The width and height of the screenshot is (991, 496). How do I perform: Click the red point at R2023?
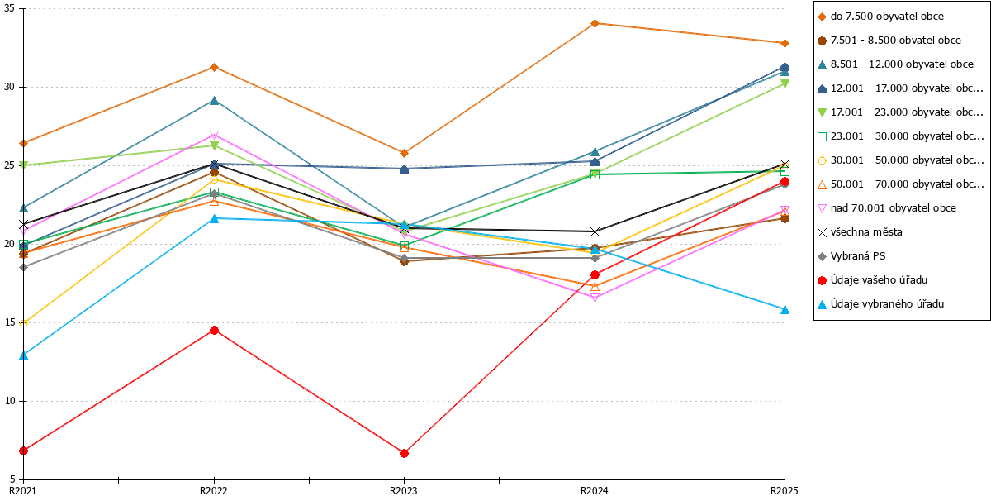pyautogui.click(x=404, y=454)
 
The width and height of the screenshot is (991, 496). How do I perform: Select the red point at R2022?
pyautogui.click(x=214, y=331)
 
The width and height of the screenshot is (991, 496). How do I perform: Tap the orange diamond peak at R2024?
pyautogui.click(x=595, y=23)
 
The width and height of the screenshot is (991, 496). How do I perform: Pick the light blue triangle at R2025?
pyautogui.click(x=785, y=310)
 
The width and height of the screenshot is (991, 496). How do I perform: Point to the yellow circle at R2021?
pyautogui.click(x=24, y=324)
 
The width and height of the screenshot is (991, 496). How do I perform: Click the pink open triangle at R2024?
pyautogui.click(x=595, y=298)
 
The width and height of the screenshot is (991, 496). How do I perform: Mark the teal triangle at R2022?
pyautogui.click(x=214, y=101)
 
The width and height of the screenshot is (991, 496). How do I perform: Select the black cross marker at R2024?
pyautogui.click(x=595, y=231)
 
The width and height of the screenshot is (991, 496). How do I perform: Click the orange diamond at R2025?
pyautogui.click(x=785, y=43)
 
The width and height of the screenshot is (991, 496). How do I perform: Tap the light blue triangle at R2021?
pyautogui.click(x=24, y=355)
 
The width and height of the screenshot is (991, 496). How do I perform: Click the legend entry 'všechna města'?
pyautogui.click(x=866, y=232)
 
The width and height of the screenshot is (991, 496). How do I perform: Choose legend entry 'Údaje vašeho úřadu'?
pyautogui.click(x=879, y=280)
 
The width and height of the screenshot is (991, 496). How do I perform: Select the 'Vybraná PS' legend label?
pyautogui.click(x=858, y=256)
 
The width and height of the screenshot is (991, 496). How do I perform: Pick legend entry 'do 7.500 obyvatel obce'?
pyautogui.click(x=887, y=17)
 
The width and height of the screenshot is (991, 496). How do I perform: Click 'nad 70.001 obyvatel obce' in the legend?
pyautogui.click(x=894, y=208)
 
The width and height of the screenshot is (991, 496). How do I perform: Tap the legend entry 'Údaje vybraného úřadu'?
pyautogui.click(x=887, y=304)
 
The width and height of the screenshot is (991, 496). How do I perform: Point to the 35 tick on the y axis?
pyautogui.click(x=9, y=8)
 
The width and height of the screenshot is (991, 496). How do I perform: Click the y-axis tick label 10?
pyautogui.click(x=9, y=401)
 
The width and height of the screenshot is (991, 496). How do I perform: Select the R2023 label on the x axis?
pyautogui.click(x=404, y=490)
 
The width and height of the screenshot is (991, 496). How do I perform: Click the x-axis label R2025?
pyautogui.click(x=784, y=490)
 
